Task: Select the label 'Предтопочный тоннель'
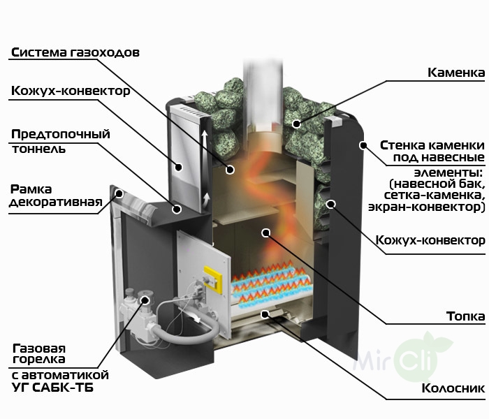pyautogui.click(x=61, y=141)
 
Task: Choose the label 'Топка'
pyautogui.click(x=465, y=316)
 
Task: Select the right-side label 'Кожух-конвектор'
pyautogui.click(x=430, y=240)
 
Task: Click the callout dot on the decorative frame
pyautogui.click(x=119, y=192)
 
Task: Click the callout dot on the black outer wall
pyautogui.click(x=363, y=145)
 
